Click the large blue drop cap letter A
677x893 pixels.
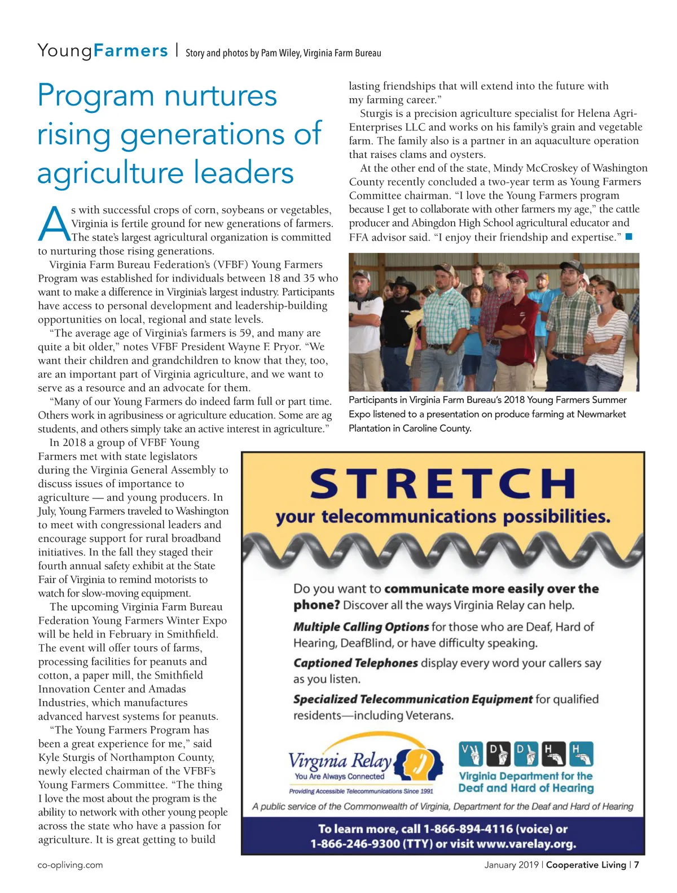54,224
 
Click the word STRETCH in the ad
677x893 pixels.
442,484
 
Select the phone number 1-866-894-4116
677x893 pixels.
468,829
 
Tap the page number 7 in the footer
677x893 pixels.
636,865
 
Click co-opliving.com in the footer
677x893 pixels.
71,865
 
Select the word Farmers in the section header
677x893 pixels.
131,51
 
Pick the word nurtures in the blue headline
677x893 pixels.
221,95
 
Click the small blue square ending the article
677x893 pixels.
629,237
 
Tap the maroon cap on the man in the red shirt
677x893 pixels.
517,275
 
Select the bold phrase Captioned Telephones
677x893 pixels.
355,663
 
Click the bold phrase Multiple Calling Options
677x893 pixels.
361,627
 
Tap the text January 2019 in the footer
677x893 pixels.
510,865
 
